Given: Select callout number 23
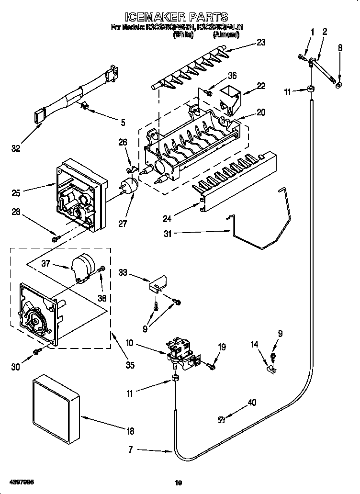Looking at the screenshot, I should [x=260, y=42].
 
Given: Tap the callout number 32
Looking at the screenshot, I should [x=16, y=149].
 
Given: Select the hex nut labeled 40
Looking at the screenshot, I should [x=222, y=419].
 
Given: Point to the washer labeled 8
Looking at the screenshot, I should [x=339, y=85].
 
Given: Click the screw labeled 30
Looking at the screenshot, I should [x=37, y=352].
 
